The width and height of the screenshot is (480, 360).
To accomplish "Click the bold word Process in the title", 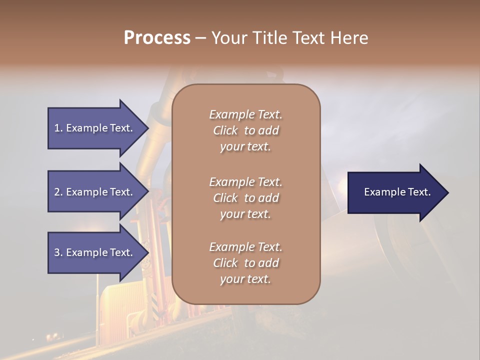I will coord(157,38).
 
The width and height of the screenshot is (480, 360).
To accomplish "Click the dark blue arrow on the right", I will coord(395,192).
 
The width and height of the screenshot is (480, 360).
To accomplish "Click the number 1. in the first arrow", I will coord(58,128).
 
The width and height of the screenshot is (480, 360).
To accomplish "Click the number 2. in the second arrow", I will coord(58,192).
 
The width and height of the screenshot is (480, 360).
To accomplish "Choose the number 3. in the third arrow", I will coord(58,252).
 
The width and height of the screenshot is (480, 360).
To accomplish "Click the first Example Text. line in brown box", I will coord(245,114).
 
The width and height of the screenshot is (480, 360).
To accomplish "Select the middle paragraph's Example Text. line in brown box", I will coord(245,181).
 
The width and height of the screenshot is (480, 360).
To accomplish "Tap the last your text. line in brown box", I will coord(245,279).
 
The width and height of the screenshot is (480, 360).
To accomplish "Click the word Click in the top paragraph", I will coord(225,130).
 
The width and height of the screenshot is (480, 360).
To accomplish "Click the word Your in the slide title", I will coord(228,38).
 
